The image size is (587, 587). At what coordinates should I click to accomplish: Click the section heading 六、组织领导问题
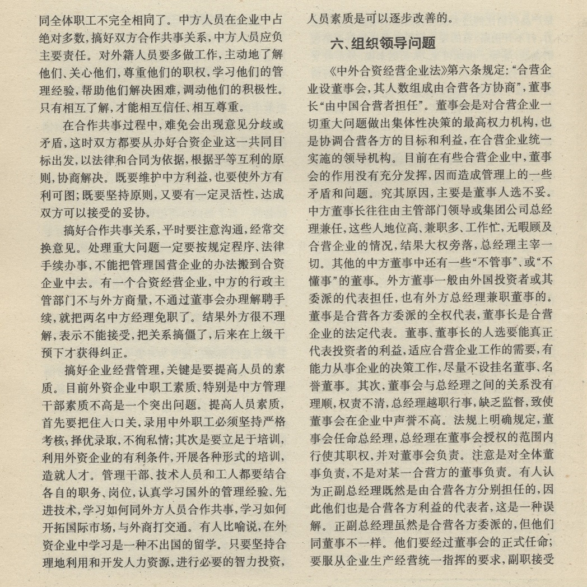coord(383,43)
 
